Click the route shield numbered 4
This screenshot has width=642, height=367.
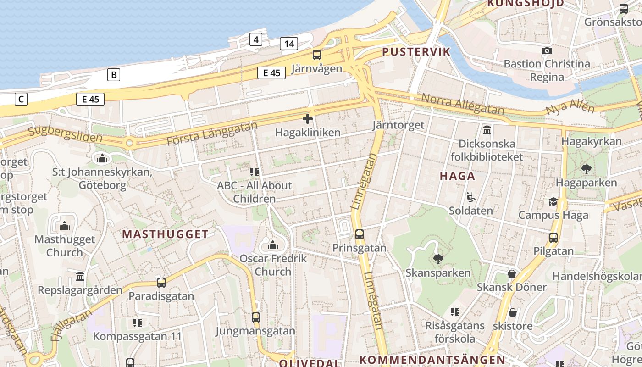pos(256,39)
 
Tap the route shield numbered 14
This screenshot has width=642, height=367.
pos(289,44)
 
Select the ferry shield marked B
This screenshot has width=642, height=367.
pos(114,74)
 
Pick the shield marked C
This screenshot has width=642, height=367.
pos(21,99)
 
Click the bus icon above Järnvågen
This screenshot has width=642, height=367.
pos(317,55)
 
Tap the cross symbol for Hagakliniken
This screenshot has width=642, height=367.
pos(308,119)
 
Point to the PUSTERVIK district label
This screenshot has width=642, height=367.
pos(416,51)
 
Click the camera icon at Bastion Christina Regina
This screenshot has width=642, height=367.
pos(547,50)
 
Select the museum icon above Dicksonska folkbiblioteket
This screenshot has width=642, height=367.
pos(487,130)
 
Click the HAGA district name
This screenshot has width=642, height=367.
pos(457,176)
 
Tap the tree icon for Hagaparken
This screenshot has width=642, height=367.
pos(586,169)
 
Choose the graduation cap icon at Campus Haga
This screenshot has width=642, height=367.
pos(553,202)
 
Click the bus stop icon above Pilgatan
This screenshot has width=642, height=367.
pos(553,238)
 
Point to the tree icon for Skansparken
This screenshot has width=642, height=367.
pos(438,259)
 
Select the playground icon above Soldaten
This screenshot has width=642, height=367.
pos(471,198)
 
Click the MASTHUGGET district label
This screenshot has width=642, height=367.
pos(165,234)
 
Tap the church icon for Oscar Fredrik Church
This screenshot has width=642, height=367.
pos(273,245)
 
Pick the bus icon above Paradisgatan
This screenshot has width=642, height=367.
pos(161,283)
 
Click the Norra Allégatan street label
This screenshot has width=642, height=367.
pos(462,105)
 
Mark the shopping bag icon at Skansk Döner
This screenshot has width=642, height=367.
pos(512,274)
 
